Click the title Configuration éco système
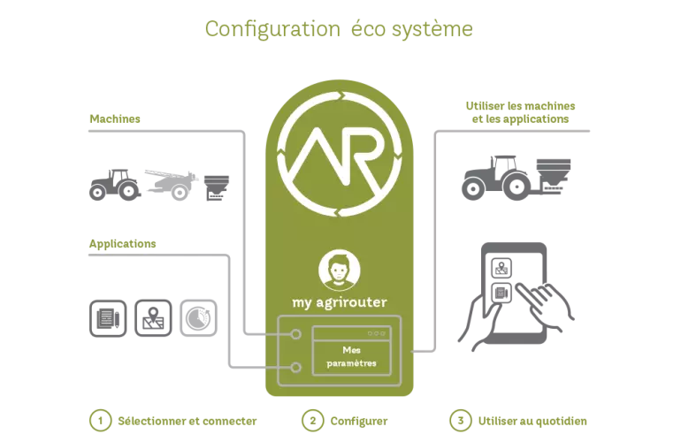[340, 29]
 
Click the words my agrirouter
[339, 301]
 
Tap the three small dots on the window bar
[377, 333]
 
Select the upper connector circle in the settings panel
[296, 335]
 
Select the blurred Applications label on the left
[122, 243]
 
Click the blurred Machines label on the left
[113, 119]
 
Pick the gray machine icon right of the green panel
[517, 174]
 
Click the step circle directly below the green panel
[312, 421]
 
